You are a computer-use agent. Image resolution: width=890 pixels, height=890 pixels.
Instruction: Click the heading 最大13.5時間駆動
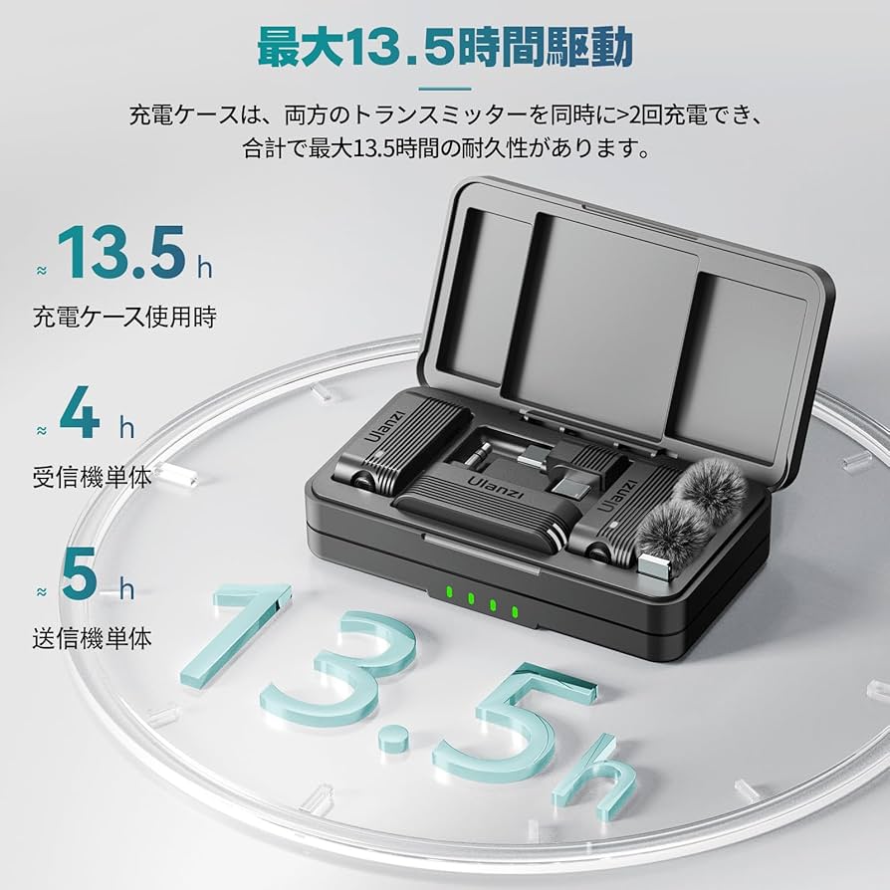click(444, 47)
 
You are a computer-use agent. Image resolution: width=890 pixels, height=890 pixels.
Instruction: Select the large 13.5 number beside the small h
click(120, 254)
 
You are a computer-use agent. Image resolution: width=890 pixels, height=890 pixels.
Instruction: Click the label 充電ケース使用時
click(124, 318)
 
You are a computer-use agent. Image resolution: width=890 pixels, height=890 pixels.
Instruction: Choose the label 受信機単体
click(92, 477)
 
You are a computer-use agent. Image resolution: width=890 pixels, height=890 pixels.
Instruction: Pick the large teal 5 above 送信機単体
click(81, 575)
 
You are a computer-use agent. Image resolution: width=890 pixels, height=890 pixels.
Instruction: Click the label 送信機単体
click(92, 638)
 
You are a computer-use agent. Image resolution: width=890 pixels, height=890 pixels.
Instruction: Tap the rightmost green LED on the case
click(515, 610)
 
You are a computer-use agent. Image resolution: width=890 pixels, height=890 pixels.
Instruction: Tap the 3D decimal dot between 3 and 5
click(398, 738)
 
